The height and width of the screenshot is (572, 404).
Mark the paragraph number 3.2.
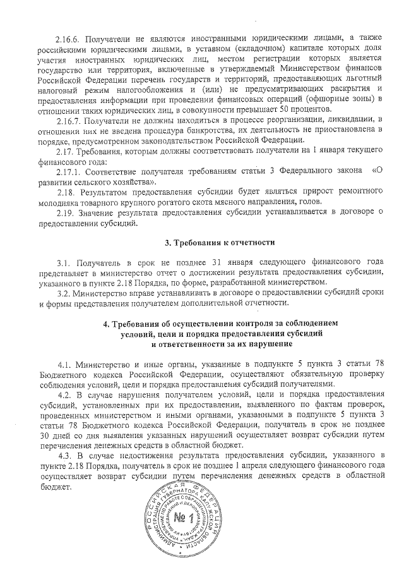[x=62, y=293]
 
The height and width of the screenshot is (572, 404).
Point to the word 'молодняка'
[x=60, y=201]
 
